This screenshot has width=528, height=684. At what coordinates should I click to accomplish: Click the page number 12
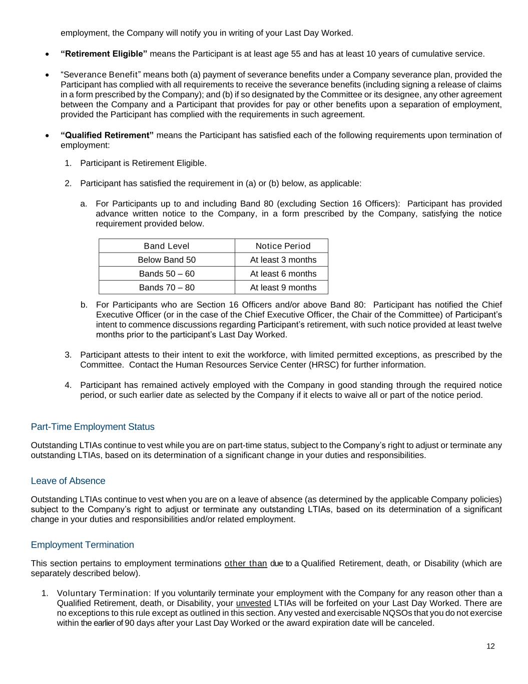pyautogui.click(x=490, y=646)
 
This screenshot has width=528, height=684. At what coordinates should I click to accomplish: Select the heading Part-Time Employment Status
pyautogui.click(x=93, y=427)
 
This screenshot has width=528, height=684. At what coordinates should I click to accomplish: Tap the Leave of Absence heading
pyautogui.click(x=68, y=481)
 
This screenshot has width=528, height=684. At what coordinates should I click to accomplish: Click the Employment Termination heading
pyautogui.click(x=83, y=545)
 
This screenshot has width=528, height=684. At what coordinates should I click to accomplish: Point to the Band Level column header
pyautogui.click(x=167, y=246)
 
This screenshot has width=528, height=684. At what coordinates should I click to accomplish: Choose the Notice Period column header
pyautogui.click(x=283, y=246)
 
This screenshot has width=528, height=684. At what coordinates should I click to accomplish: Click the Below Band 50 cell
pyautogui.click(x=167, y=260)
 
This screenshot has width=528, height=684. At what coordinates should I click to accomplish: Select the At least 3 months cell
pyautogui.click(x=283, y=260)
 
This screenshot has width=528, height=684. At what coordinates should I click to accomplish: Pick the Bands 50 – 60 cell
pyautogui.click(x=167, y=274)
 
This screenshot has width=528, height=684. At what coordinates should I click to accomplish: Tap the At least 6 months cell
pyautogui.click(x=283, y=274)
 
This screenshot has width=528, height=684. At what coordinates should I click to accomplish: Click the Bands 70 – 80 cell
pyautogui.click(x=167, y=288)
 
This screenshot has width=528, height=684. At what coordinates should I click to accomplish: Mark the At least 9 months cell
pyautogui.click(x=283, y=288)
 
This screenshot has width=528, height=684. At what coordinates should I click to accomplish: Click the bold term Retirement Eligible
pyautogui.click(x=104, y=54)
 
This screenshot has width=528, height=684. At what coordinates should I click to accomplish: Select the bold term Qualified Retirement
pyautogui.click(x=107, y=135)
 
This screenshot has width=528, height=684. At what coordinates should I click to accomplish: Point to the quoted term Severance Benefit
pyautogui.click(x=101, y=75)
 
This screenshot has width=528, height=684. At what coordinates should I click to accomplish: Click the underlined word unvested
pyautogui.click(x=253, y=603)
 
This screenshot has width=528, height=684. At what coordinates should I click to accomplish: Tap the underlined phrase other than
pyautogui.click(x=246, y=564)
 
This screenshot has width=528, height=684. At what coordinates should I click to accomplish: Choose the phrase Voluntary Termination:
pyautogui.click(x=104, y=593)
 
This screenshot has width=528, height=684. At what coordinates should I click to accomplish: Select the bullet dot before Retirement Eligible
pyautogui.click(x=47, y=54)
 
